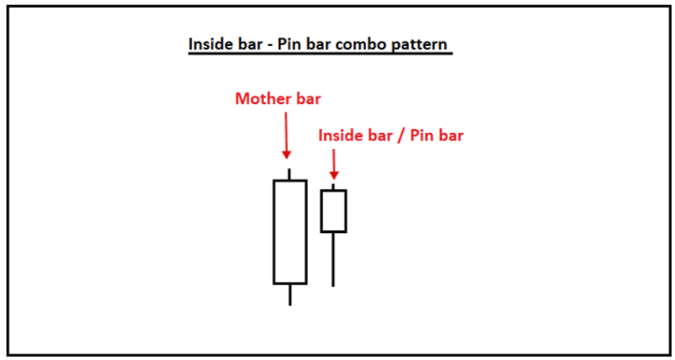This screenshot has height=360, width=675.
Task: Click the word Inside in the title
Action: [x=210, y=44]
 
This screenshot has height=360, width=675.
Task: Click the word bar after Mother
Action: [x=307, y=99]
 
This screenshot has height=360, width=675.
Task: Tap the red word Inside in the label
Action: [x=339, y=135]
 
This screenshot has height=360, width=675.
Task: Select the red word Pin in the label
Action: [x=420, y=135]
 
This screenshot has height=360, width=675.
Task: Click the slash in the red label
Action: [x=399, y=135]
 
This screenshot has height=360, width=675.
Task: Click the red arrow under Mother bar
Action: [x=286, y=135]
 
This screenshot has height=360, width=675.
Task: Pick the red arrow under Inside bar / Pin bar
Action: [x=333, y=164]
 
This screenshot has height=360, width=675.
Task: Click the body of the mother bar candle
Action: [x=290, y=232]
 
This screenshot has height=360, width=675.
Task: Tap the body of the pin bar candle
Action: [x=333, y=211]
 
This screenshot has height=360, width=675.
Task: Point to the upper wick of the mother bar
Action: [x=289, y=174]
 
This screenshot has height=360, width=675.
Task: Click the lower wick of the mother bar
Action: [x=290, y=295]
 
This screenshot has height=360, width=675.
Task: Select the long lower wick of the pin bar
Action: [x=333, y=260]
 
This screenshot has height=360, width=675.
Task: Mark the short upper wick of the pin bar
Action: [x=333, y=186]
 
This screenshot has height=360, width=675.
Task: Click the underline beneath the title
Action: [x=320, y=54]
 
